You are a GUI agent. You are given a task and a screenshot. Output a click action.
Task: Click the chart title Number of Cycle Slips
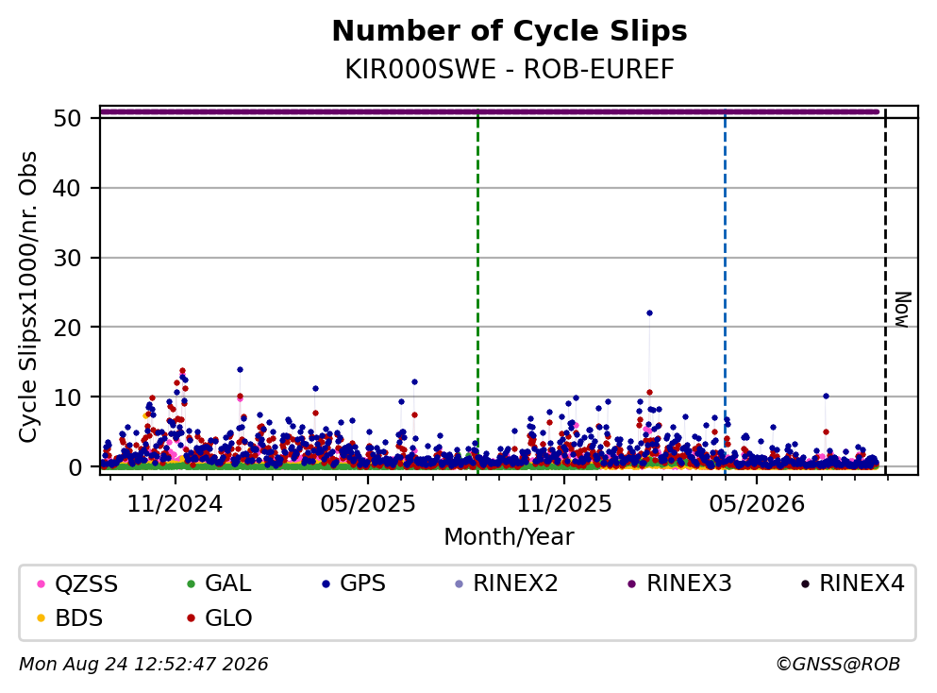click(510, 31)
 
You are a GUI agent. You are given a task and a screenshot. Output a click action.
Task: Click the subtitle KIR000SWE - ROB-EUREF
click(510, 70)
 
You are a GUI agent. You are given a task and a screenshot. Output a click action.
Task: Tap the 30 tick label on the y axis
click(67, 259)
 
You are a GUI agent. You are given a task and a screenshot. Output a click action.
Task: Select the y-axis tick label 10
click(67, 397)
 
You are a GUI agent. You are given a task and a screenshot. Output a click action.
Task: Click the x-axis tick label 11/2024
click(176, 504)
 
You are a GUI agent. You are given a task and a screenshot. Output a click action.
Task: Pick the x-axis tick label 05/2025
click(367, 504)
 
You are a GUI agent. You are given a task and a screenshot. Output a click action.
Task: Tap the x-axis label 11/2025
click(564, 504)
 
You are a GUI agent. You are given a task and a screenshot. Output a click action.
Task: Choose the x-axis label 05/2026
click(757, 504)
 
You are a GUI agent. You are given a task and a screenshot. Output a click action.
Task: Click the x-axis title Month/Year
click(510, 537)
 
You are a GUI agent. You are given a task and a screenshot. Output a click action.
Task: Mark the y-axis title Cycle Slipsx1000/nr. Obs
click(28, 297)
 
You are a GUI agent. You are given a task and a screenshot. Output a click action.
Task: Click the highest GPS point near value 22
click(649, 313)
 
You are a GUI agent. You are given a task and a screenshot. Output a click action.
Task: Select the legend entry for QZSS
click(78, 583)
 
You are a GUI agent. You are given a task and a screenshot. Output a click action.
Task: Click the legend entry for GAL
click(219, 583)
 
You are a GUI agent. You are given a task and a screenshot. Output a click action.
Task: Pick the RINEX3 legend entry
click(680, 583)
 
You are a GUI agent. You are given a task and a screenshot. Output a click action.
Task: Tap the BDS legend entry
click(70, 618)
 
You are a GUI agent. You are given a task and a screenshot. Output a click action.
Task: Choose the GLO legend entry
click(219, 618)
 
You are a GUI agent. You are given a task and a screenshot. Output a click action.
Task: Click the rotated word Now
click(902, 310)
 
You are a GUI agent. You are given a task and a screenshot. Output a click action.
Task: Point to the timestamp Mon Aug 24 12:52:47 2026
click(144, 665)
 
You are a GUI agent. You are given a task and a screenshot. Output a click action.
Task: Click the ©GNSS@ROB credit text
click(838, 665)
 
